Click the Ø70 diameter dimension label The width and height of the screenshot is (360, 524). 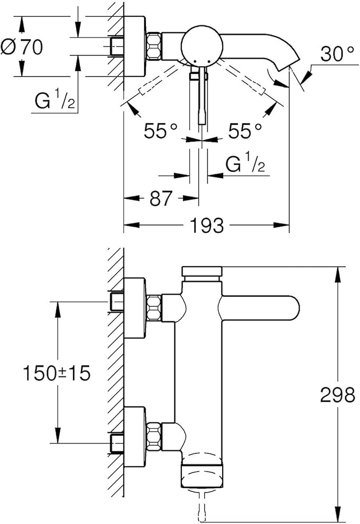tap(22, 47)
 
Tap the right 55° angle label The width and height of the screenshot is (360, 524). tap(245, 130)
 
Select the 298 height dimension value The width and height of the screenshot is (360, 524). tap(337, 395)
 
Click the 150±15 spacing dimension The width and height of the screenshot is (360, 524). tap(57, 374)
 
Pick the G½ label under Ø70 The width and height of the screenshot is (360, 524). tap(53, 102)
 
